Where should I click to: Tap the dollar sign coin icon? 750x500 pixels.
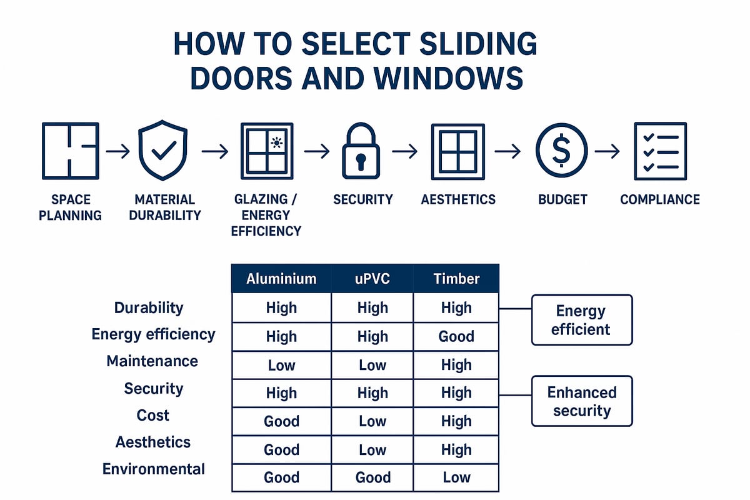click(x=561, y=151)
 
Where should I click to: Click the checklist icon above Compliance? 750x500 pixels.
click(x=660, y=151)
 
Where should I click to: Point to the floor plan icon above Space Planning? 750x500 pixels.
click(x=69, y=151)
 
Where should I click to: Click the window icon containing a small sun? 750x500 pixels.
click(x=267, y=151)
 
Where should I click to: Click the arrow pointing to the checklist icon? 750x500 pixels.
click(x=606, y=151)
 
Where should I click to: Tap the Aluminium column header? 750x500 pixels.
click(x=281, y=279)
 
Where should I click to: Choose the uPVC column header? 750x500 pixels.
click(x=372, y=279)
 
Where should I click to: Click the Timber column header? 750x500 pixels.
click(x=456, y=279)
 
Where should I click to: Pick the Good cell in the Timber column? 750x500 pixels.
click(x=456, y=336)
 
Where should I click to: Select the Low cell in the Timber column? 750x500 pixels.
click(x=456, y=478)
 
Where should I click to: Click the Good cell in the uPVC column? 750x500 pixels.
click(x=372, y=478)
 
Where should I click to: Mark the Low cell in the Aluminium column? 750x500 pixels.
click(x=281, y=365)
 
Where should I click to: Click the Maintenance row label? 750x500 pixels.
click(x=152, y=361)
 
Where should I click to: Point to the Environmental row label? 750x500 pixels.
click(x=154, y=469)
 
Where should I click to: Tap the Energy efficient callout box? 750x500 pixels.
click(x=582, y=320)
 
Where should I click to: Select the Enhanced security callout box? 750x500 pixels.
click(x=582, y=401)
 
